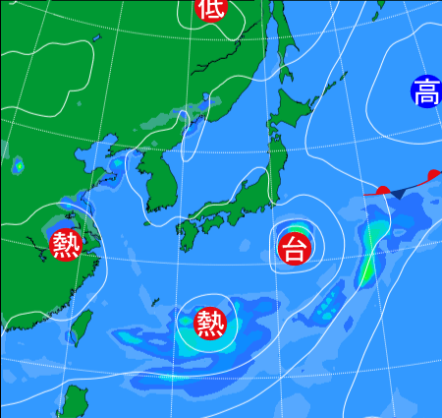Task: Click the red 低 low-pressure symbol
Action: (x=208, y=8)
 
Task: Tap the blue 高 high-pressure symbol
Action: (x=426, y=92)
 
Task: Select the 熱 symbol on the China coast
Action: (x=66, y=243)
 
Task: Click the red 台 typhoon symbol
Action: (x=293, y=248)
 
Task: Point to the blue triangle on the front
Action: (x=399, y=194)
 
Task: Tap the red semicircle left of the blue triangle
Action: (x=383, y=189)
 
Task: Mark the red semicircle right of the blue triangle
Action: (x=433, y=175)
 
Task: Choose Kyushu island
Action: (x=190, y=235)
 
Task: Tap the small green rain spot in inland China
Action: (x=18, y=165)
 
